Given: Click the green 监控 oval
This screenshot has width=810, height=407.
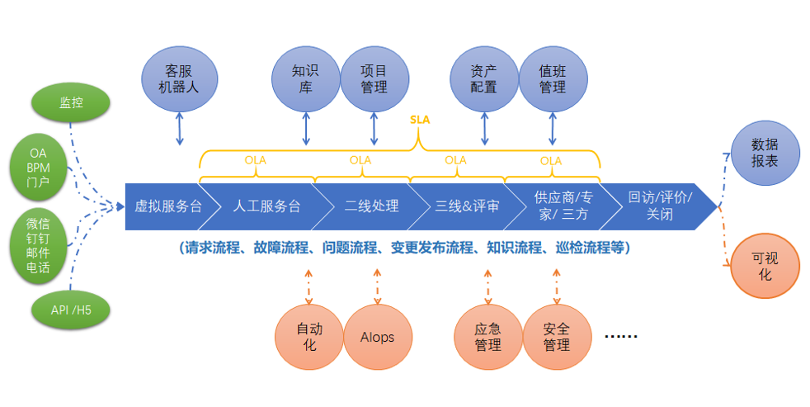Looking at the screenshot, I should (x=71, y=103).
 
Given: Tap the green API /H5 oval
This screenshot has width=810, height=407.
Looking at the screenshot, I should (x=71, y=310).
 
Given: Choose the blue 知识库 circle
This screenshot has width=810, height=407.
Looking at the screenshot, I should (x=306, y=78).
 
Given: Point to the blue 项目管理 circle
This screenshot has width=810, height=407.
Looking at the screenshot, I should (x=374, y=78).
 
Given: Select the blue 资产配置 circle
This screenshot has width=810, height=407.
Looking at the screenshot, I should (x=484, y=78).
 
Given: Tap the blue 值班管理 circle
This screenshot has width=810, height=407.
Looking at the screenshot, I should (x=553, y=78).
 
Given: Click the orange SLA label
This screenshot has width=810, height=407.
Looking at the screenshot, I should (x=420, y=120).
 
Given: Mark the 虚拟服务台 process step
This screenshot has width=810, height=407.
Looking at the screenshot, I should (x=165, y=206).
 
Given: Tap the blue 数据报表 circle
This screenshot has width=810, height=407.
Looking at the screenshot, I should (x=765, y=153).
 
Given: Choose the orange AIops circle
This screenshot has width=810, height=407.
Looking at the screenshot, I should (x=377, y=337).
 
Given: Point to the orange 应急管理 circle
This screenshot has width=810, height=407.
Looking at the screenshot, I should (x=488, y=337).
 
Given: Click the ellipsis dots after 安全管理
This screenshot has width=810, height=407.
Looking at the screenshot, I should (x=620, y=336).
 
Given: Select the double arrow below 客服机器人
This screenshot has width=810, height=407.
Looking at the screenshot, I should (x=179, y=129).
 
